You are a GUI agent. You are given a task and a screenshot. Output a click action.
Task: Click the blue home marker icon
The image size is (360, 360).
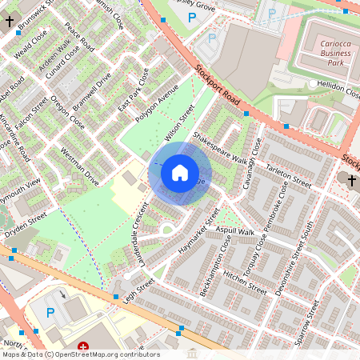pyautogui.click(x=180, y=173)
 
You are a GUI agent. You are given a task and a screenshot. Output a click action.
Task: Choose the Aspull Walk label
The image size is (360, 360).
pyautogui.click(x=234, y=231)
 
